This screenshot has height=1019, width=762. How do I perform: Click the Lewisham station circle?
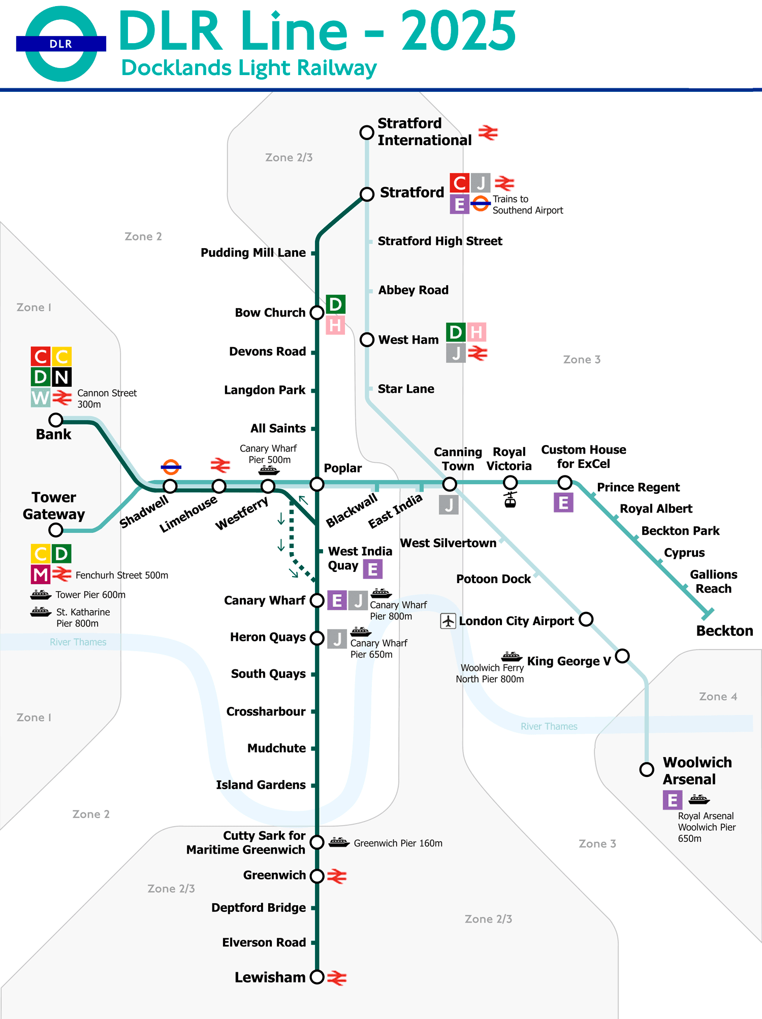(317, 977)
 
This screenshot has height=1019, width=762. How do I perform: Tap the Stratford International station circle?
(367, 132)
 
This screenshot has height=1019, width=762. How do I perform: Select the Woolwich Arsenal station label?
(696, 770)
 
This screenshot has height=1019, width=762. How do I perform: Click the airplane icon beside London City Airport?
(448, 621)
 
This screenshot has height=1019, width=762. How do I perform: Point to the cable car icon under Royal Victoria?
(510, 500)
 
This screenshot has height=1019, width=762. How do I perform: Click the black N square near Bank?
(61, 377)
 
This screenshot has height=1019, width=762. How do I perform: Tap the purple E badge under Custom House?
(563, 502)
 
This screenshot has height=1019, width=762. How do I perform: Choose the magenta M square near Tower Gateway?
(41, 574)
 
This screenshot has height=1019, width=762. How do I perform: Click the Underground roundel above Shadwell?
(171, 467)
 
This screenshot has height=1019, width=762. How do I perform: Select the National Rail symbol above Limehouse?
(220, 464)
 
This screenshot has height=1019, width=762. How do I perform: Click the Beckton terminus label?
(724, 631)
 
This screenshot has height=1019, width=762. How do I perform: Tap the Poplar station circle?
(317, 484)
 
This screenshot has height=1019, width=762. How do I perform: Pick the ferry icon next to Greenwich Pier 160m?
(339, 842)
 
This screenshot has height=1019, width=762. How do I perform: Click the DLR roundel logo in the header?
(61, 44)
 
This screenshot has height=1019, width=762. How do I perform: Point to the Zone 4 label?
(717, 696)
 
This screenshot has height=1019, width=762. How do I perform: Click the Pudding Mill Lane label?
(253, 252)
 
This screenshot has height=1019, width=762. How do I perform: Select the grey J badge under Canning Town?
(449, 505)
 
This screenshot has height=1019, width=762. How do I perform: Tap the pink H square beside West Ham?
(476, 332)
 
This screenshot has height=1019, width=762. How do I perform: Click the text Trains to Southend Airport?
(527, 205)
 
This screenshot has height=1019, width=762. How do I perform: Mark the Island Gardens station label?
(261, 785)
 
